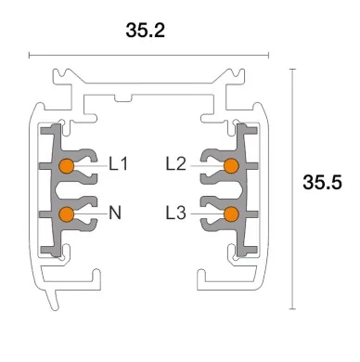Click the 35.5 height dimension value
coord(322,183)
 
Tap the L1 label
coord(118,165)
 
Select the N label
coord(115,213)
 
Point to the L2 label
coord(176,165)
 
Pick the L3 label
coord(176,213)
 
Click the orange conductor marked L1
coord(67,166)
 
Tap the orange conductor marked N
coord(67,214)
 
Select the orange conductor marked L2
coord(230,166)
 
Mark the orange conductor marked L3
coord(230,214)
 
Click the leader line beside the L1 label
coord(90,166)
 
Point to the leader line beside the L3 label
coord(206,214)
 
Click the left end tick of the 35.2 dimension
coord(31,55)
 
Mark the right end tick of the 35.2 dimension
coord(271,55)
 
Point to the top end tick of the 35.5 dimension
coord(292,68)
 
